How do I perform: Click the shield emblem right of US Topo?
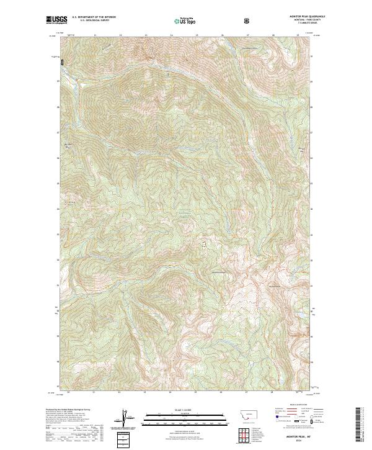[x=248, y=20]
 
